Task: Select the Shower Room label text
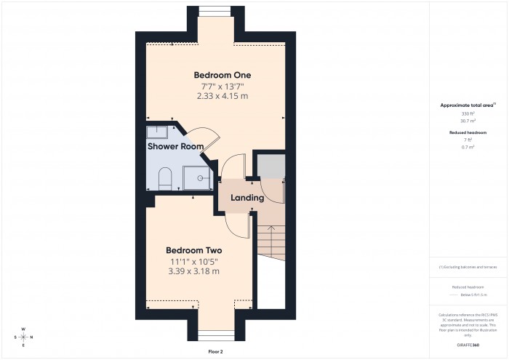pyautogui.click(x=175, y=146)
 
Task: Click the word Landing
pyautogui.click(x=247, y=198)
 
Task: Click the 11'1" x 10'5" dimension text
pyautogui.click(x=193, y=261)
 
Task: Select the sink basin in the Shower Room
pyautogui.click(x=157, y=132)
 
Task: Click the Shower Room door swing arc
pyautogui.click(x=207, y=134)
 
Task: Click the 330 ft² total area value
pyautogui.click(x=468, y=114)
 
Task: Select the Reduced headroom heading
pyautogui.click(x=468, y=133)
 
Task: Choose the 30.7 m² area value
pyautogui.click(x=468, y=121)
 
